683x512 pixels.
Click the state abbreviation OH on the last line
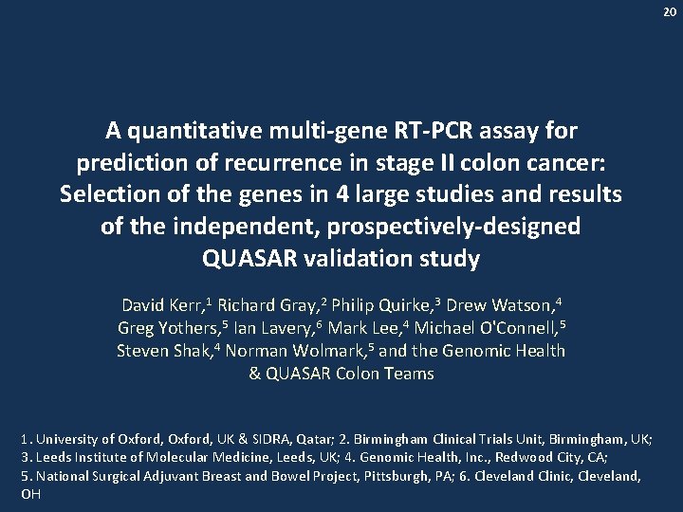[30, 495]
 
